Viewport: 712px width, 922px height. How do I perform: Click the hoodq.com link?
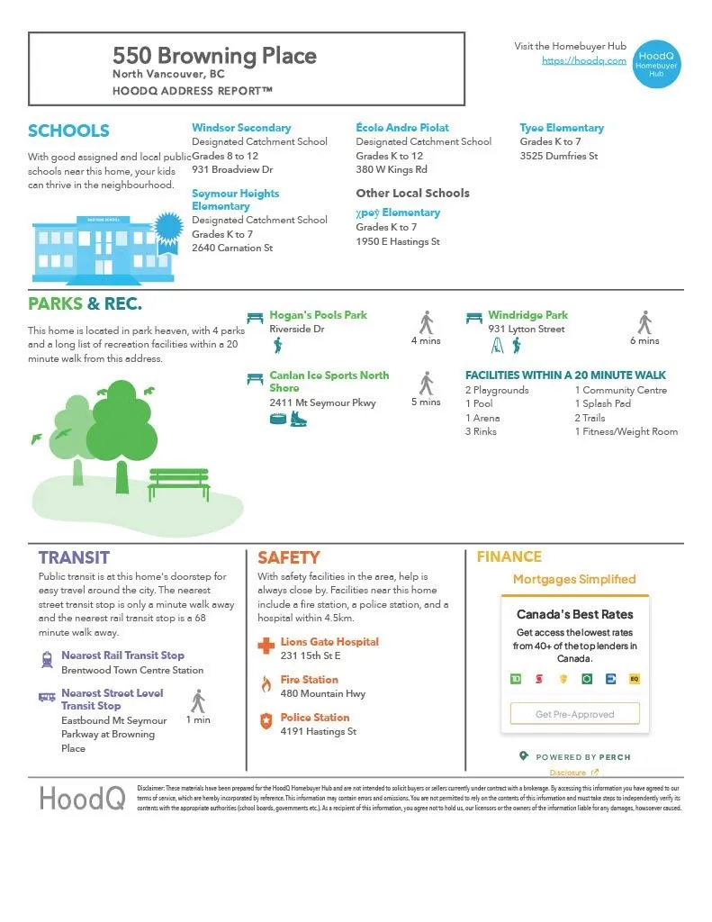583,60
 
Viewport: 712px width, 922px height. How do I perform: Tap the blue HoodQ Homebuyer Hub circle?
656,63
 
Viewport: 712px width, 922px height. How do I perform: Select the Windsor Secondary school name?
241,128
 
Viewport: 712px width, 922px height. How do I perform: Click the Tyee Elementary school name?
562,128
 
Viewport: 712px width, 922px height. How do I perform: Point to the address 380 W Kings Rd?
392,169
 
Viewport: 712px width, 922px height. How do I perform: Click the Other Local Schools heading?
412,193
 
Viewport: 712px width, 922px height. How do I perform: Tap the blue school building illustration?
92,247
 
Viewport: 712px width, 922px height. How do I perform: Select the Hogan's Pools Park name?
319,315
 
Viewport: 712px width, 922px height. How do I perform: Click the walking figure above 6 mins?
644,322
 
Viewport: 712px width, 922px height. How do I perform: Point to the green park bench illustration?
179,484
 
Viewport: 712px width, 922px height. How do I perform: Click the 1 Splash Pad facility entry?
603,404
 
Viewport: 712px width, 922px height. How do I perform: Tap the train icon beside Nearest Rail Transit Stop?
47,660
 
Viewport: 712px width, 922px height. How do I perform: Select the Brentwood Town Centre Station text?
132,670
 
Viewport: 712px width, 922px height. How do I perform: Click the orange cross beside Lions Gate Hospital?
266,646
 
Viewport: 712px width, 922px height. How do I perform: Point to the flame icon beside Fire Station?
266,684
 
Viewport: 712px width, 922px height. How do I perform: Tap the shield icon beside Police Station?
266,721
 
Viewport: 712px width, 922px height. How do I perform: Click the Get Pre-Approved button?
574,714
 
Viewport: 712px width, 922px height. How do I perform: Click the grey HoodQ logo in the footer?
81,798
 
